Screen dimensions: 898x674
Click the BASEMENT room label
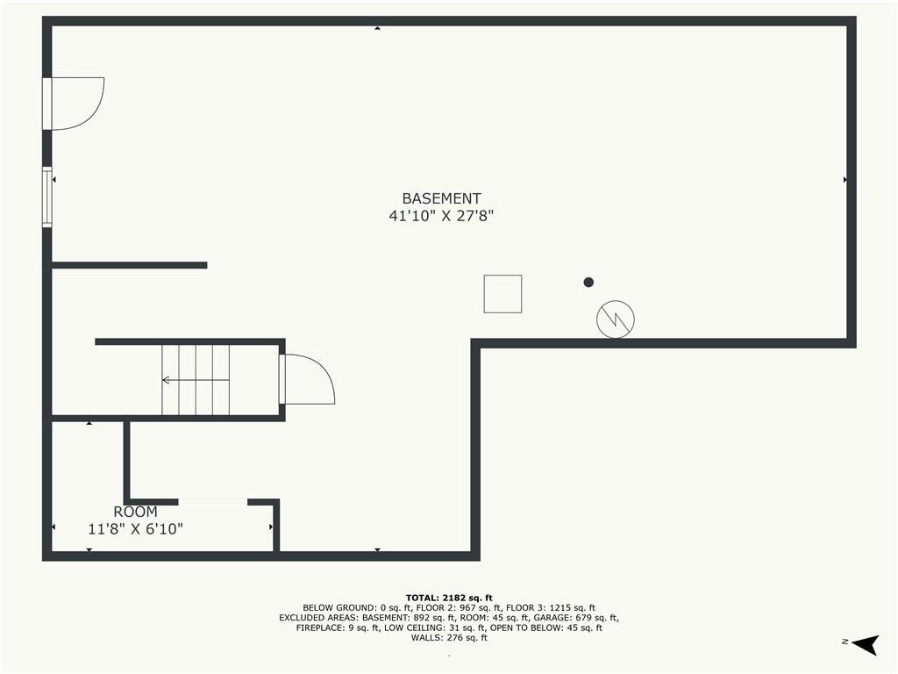[441, 198]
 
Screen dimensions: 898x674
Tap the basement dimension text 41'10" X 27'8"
[441, 216]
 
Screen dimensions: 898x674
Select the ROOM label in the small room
[135, 512]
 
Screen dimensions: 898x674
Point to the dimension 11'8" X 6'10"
[135, 528]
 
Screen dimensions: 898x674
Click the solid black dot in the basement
[588, 282]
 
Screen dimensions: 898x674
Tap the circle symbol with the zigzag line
[615, 319]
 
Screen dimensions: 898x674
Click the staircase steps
[196, 379]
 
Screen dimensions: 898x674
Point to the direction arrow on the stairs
[196, 380]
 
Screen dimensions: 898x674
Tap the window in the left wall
[47, 197]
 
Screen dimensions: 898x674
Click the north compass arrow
[866, 644]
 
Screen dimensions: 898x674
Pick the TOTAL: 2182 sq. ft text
[449, 598]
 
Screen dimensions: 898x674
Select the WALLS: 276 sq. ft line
[449, 637]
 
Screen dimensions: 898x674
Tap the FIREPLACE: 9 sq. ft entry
[338, 627]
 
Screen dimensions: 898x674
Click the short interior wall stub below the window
[130, 265]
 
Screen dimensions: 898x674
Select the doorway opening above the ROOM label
[213, 502]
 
